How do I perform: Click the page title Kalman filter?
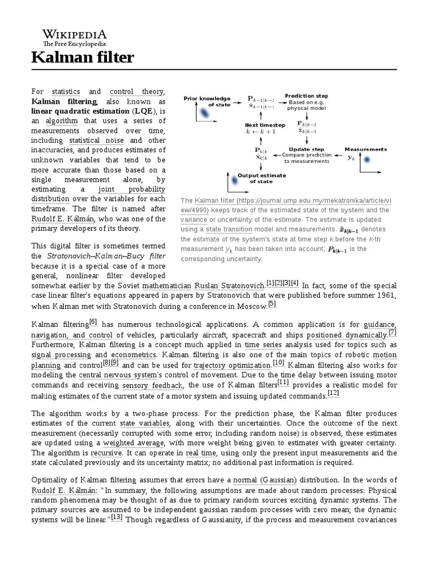click(82, 57)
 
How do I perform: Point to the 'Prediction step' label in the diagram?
click(307, 96)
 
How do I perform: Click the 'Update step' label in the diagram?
click(307, 149)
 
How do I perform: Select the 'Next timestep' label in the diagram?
click(265, 125)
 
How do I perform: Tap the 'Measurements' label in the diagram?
click(366, 149)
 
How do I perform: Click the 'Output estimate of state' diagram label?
click(261, 178)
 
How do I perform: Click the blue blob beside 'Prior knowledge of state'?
click(205, 113)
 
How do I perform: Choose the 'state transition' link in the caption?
click(228, 230)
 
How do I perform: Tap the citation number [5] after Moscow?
click(272, 304)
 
